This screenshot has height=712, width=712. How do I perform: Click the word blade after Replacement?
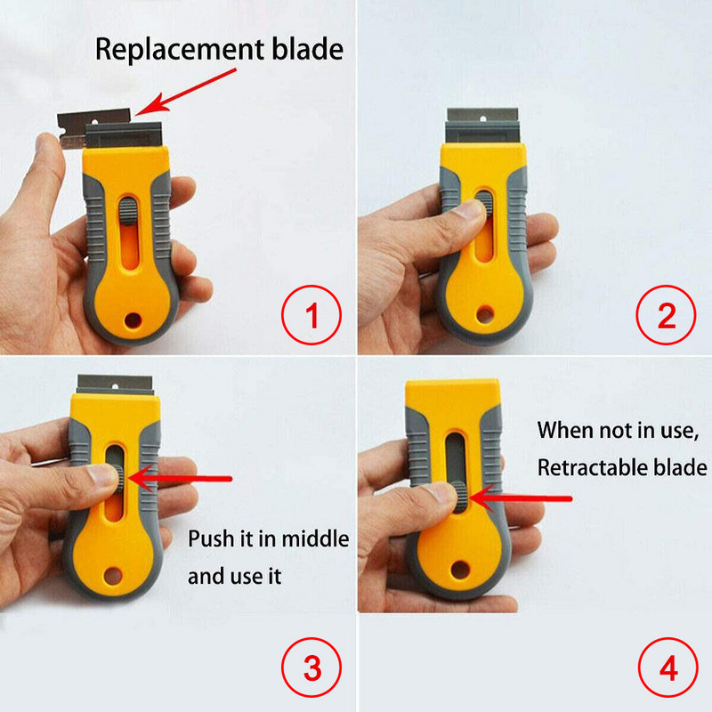307,48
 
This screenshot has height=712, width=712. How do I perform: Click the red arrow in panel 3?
178,479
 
